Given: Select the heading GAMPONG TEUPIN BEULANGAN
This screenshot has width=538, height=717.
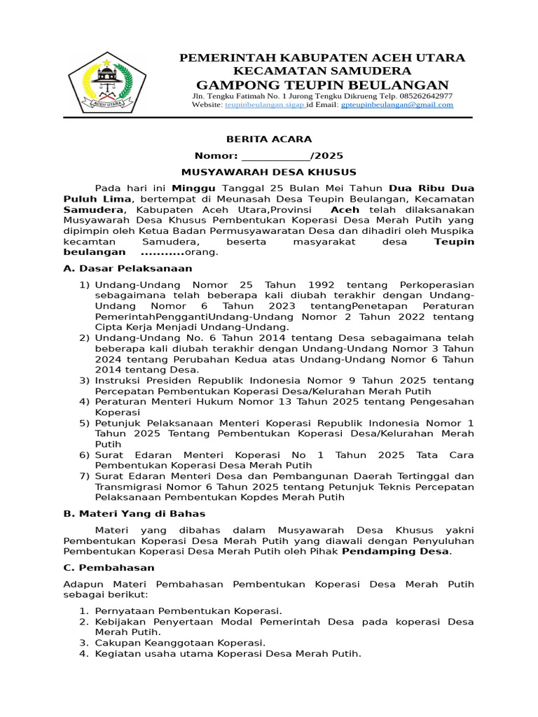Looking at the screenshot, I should [x=322, y=85].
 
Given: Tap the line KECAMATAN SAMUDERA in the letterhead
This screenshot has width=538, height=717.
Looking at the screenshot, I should [x=322, y=71].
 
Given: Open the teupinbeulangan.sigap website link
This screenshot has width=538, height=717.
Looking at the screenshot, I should [x=264, y=105].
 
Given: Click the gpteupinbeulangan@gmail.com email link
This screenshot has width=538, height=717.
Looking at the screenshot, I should [x=397, y=105].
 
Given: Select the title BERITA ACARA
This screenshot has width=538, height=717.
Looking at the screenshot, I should [x=268, y=139].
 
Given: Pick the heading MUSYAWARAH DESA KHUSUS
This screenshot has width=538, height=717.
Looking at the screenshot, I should [x=268, y=172].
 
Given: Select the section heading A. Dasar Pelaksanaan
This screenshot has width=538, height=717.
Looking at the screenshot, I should [x=127, y=268].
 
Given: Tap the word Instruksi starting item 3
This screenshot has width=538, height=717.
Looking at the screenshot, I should [x=118, y=381].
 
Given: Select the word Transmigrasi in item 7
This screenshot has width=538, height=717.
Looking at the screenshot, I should [x=129, y=487].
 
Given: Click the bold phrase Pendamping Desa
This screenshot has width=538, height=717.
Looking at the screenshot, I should [x=395, y=552].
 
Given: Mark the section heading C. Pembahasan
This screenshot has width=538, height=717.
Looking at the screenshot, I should [x=109, y=568].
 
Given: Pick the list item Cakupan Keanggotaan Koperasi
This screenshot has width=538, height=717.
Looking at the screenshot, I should [x=180, y=643].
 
